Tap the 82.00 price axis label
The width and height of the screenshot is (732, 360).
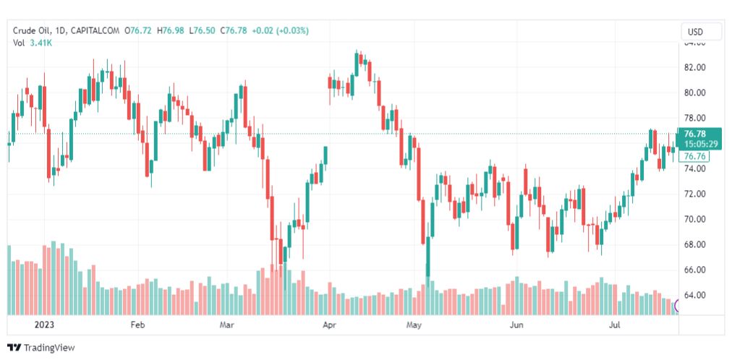click(694, 67)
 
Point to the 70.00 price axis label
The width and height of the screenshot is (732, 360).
click(694, 219)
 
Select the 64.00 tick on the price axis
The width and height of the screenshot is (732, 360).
click(694, 295)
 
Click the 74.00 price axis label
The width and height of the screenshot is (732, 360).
click(694, 168)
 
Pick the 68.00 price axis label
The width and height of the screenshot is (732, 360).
click(694, 244)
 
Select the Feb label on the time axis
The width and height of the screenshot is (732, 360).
click(137, 325)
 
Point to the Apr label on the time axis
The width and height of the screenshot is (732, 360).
click(330, 325)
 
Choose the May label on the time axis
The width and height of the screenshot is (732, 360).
click(414, 325)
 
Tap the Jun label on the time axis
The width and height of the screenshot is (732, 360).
click(516, 325)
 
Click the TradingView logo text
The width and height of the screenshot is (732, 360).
click(48, 348)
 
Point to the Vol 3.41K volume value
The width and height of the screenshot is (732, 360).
click(40, 43)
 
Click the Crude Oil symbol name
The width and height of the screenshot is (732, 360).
click(32, 30)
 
